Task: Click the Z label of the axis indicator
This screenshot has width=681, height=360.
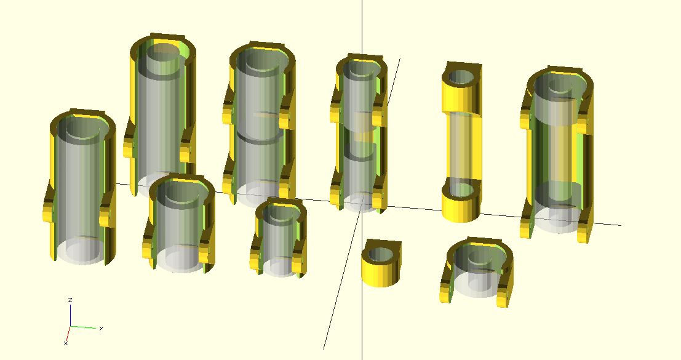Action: [70, 300]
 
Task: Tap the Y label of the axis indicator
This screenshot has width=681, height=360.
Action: [101, 328]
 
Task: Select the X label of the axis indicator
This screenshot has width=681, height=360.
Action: [66, 343]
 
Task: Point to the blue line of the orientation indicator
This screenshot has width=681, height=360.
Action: [71, 315]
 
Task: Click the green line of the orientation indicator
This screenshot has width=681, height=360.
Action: [84, 327]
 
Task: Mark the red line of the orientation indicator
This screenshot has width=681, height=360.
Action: [68, 333]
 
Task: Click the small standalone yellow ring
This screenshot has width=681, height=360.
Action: [381, 263]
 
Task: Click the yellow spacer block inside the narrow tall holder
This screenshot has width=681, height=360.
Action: [363, 127]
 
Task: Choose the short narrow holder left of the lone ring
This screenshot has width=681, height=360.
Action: [279, 238]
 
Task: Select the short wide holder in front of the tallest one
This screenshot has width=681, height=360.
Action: [180, 223]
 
